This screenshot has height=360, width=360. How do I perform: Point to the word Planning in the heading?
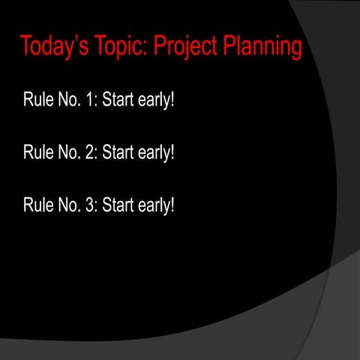pos(265,47)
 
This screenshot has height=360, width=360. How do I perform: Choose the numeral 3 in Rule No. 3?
pos(88,204)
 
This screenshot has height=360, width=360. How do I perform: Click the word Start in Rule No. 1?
pos(118,99)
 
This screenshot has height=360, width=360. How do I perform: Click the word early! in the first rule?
pos(156,100)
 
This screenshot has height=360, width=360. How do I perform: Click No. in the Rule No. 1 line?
pos(68,99)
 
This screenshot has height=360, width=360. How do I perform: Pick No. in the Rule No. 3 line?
pos(68,204)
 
